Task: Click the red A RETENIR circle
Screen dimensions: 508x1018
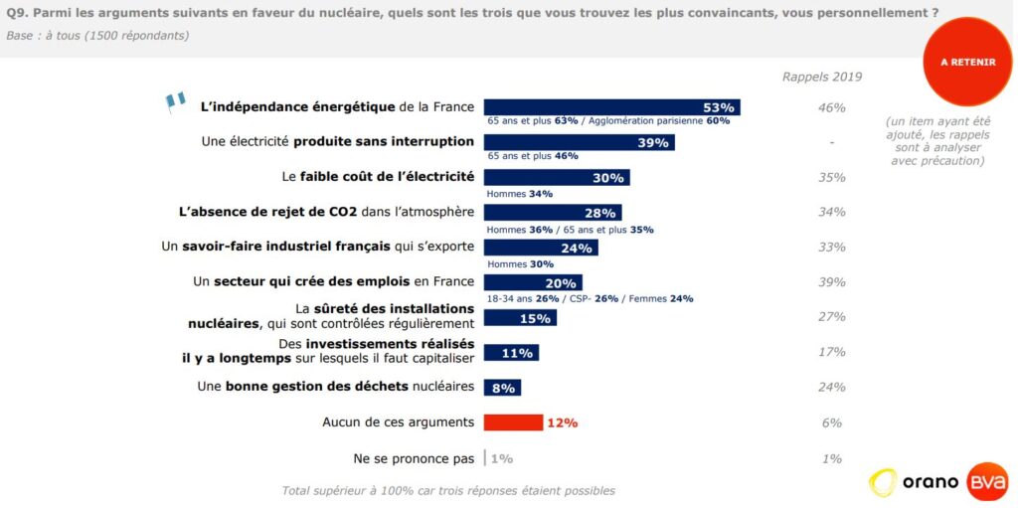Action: (x=967, y=62)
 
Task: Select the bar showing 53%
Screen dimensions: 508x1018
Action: (x=611, y=107)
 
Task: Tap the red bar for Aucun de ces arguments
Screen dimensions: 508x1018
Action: (x=513, y=422)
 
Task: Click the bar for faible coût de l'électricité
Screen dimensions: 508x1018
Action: (x=556, y=178)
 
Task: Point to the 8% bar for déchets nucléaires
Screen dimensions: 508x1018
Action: (x=502, y=387)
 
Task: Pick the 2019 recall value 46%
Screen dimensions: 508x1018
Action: (x=831, y=107)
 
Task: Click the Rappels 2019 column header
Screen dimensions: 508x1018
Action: (x=821, y=77)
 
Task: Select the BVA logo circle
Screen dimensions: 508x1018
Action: (x=986, y=483)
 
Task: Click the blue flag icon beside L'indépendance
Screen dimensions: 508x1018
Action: (x=176, y=100)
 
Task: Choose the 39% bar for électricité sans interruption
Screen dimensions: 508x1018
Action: (x=579, y=142)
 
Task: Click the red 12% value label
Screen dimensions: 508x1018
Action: (x=562, y=423)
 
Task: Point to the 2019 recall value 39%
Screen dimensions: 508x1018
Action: (x=831, y=282)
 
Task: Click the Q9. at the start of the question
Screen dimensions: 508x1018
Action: (x=19, y=13)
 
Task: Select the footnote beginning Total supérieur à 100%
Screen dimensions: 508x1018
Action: (x=448, y=490)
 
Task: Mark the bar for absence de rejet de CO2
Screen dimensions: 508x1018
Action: (x=552, y=213)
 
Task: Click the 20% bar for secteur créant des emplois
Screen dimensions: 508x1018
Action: (x=533, y=282)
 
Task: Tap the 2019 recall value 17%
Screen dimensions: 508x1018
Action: (x=831, y=352)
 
